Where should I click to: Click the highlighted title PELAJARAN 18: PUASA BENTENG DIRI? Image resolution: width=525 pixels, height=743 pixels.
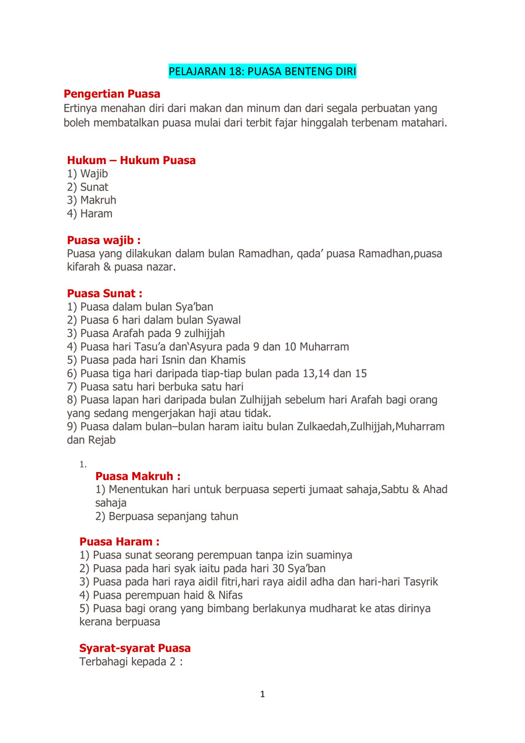pos(262,72)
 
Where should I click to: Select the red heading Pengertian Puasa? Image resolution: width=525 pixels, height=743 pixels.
pos(112,94)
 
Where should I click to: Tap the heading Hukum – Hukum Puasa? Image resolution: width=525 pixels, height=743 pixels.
pos(131,160)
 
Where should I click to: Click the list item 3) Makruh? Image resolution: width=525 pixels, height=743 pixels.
pos(92,200)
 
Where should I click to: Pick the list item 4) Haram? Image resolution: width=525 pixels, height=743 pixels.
pos(90,214)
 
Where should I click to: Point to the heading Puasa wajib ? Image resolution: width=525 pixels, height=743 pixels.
pos(104,240)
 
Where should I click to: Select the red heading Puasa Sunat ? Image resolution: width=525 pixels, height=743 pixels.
pos(104,293)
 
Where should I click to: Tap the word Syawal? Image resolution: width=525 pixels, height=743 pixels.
pos(222,320)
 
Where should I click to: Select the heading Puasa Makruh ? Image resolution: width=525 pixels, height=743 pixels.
pos(138,476)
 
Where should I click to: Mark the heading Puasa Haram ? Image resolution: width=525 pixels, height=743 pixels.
pos(119,542)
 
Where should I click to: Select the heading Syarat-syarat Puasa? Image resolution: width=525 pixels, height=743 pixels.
pos(135,648)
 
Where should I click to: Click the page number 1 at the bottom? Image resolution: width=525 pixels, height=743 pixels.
pos(262,695)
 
